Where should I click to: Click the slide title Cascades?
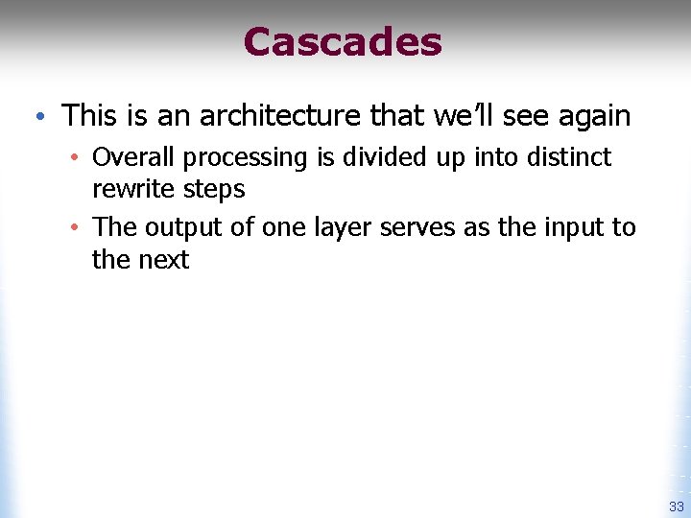(343, 42)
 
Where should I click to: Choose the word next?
(164, 260)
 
